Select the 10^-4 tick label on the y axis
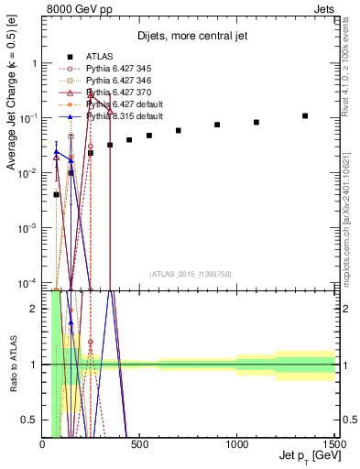[x=27, y=281]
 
